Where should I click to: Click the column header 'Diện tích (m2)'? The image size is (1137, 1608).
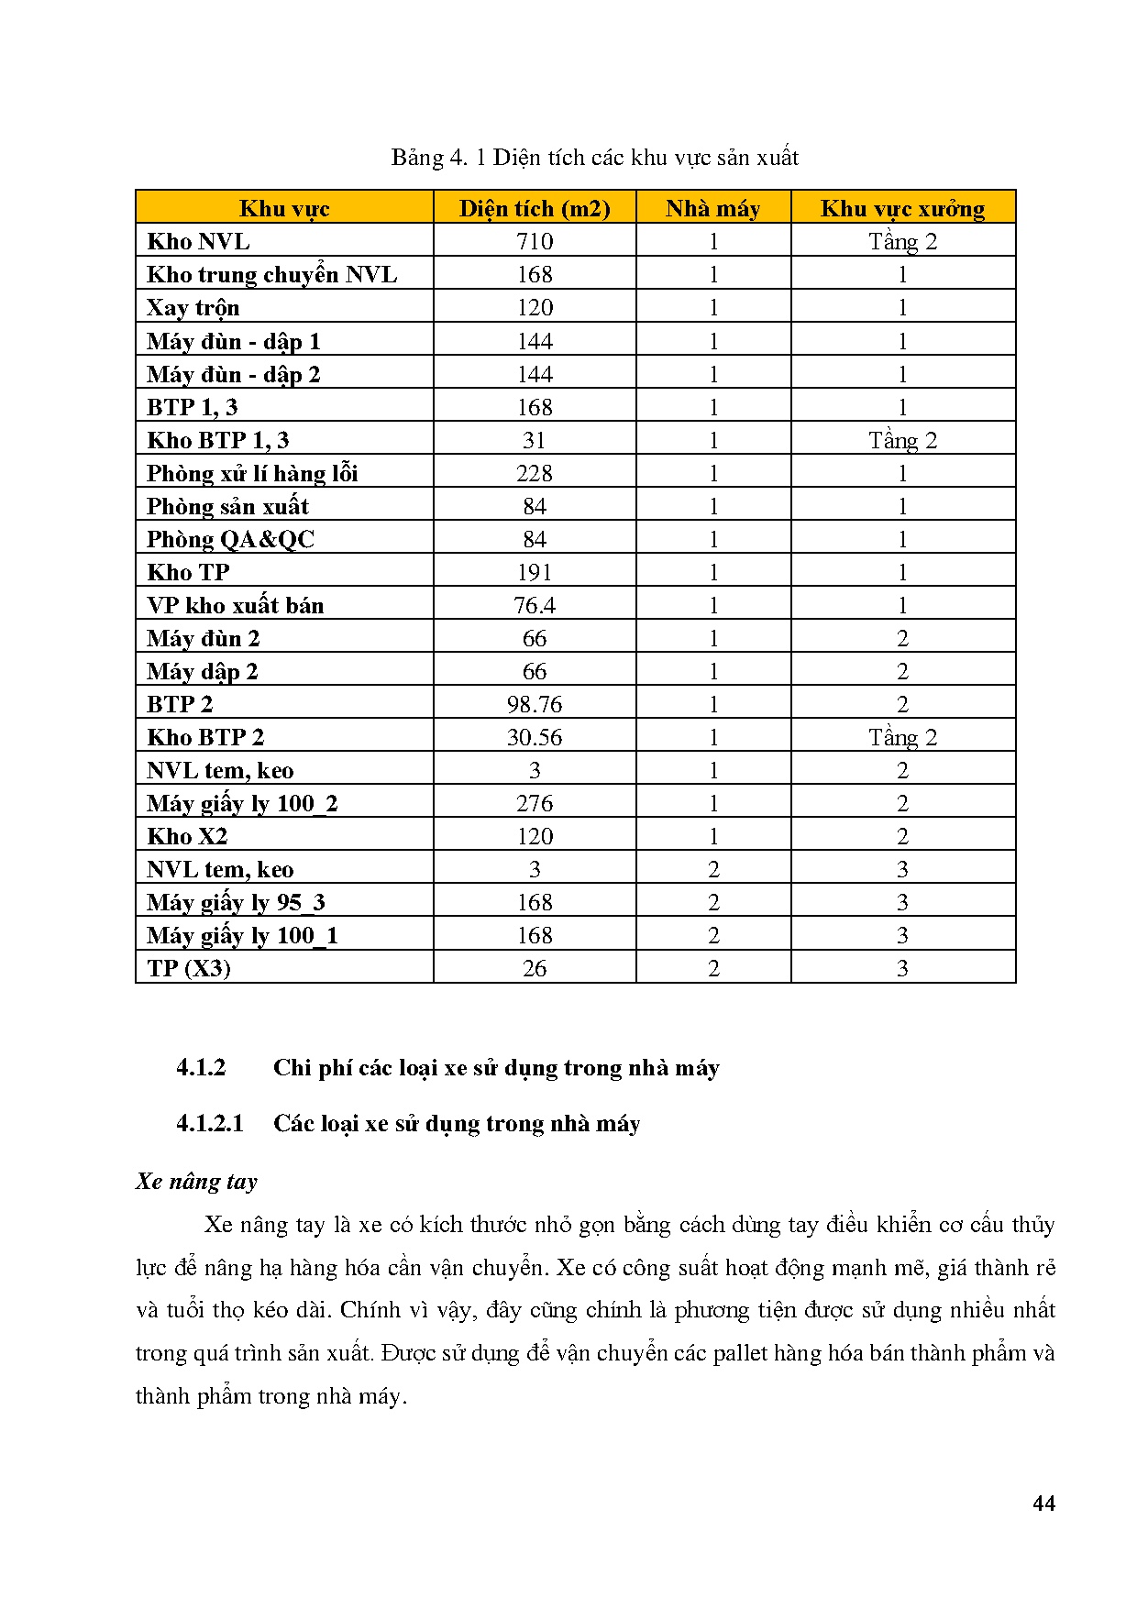click(535, 208)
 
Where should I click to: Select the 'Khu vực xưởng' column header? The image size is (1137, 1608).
click(902, 208)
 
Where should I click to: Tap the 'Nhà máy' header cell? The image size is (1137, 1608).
click(712, 208)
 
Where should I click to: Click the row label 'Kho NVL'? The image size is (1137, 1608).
click(198, 241)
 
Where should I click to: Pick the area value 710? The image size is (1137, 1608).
click(535, 241)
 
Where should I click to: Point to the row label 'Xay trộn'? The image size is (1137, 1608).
click(193, 307)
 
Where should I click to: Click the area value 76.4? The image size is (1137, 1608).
click(535, 605)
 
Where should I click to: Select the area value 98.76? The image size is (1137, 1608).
click(535, 704)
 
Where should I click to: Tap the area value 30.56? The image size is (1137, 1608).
click(535, 737)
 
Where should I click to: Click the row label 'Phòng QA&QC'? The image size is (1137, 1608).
click(230, 539)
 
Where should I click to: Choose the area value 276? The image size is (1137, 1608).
click(535, 803)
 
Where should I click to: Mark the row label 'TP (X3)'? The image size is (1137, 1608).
click(189, 968)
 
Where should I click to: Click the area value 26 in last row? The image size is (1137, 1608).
click(535, 968)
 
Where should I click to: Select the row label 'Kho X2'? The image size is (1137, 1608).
click(187, 836)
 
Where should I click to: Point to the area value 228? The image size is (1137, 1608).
click(535, 473)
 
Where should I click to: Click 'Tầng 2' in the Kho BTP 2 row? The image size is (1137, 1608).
click(902, 737)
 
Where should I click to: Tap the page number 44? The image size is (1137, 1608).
click(1043, 1503)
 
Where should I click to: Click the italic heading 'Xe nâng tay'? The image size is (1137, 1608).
click(196, 1181)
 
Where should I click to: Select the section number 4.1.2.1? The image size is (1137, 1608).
click(210, 1123)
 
